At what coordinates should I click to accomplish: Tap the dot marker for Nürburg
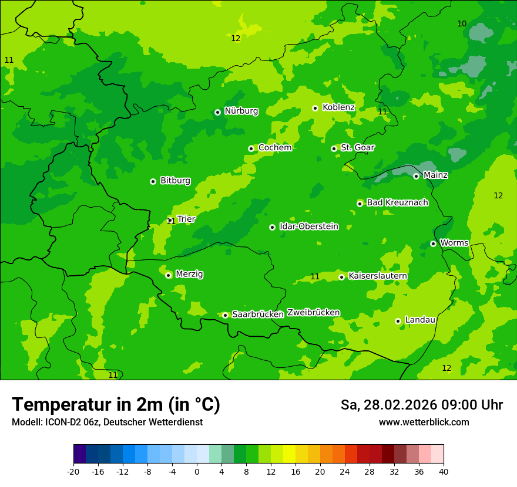[x=217, y=112]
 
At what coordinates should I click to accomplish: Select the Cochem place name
[x=275, y=148]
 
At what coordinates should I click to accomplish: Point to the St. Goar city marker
[x=334, y=148]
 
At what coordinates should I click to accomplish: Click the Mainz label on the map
[x=435, y=175]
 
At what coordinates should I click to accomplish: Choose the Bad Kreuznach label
[x=397, y=202]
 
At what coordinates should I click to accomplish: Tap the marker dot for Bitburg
[x=153, y=181]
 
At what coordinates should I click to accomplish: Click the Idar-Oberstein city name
[x=309, y=226]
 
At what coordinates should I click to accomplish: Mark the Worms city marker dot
[x=433, y=243]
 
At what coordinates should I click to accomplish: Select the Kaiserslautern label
[x=378, y=276]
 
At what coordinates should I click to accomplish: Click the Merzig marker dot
[x=168, y=275]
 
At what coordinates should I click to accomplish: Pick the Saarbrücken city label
[x=258, y=314]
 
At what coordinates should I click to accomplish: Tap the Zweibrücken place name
[x=313, y=313]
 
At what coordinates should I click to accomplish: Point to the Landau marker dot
[x=398, y=321]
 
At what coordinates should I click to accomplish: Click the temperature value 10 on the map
[x=462, y=23]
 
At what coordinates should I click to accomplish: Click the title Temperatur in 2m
[x=116, y=404]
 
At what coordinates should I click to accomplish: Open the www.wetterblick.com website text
[x=424, y=422]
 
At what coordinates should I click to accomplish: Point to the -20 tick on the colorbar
[x=73, y=471]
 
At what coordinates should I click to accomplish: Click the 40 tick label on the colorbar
[x=444, y=471]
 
